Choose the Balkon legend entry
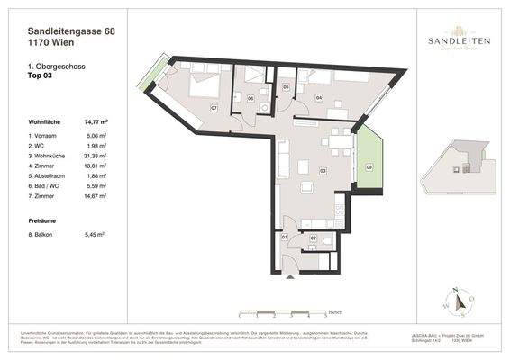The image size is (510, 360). click(x=45, y=234)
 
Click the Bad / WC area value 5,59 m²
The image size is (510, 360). click(x=96, y=187)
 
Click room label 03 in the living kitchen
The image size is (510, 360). click(x=323, y=169)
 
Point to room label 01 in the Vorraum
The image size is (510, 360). click(x=285, y=237)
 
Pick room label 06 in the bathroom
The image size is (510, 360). click(x=250, y=97)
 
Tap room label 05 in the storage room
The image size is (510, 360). click(x=286, y=86)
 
